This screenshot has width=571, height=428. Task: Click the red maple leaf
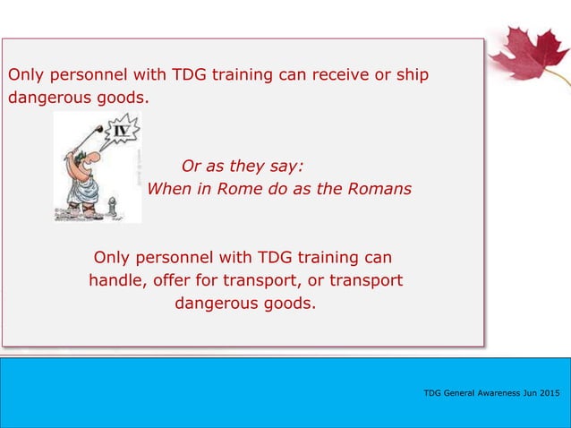530,54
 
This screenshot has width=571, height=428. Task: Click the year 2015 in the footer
547,393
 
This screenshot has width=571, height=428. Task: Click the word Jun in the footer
526,393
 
